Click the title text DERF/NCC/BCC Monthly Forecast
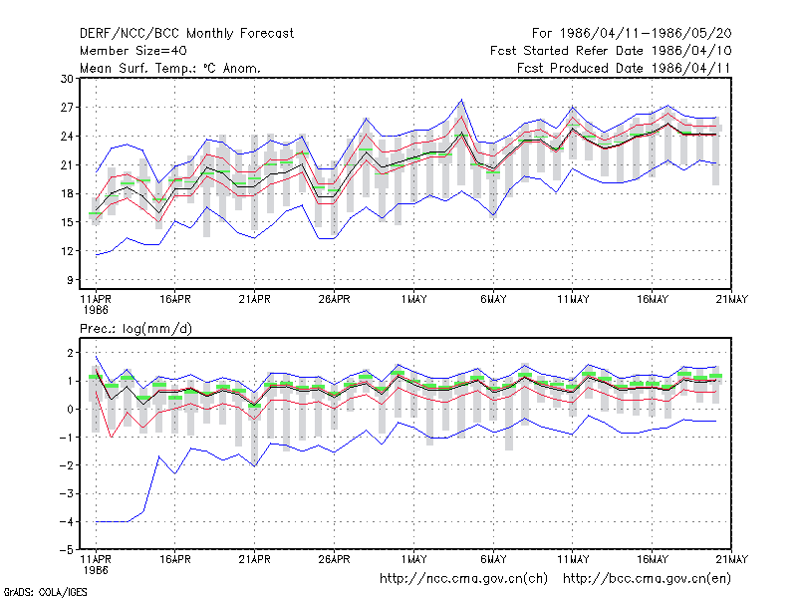point(186,34)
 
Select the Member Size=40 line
point(133,51)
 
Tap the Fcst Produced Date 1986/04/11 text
point(624,68)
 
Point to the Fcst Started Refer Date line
point(611,51)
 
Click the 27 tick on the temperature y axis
point(67,108)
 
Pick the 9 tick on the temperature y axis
point(70,280)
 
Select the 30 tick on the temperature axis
point(67,79)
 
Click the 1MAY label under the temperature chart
point(413,300)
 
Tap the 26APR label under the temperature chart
point(334,300)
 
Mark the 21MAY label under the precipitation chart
point(731,559)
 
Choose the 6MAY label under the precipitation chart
point(493,559)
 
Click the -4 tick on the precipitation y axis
point(66,521)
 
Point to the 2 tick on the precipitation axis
point(70,353)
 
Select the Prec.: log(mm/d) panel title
point(135,329)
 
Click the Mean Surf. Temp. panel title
point(170,68)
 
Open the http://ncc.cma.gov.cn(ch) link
point(463,579)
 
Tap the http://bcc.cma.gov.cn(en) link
point(647,579)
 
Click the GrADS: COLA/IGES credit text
point(45,592)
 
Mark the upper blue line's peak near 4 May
point(461,100)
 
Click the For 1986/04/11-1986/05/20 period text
point(632,34)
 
